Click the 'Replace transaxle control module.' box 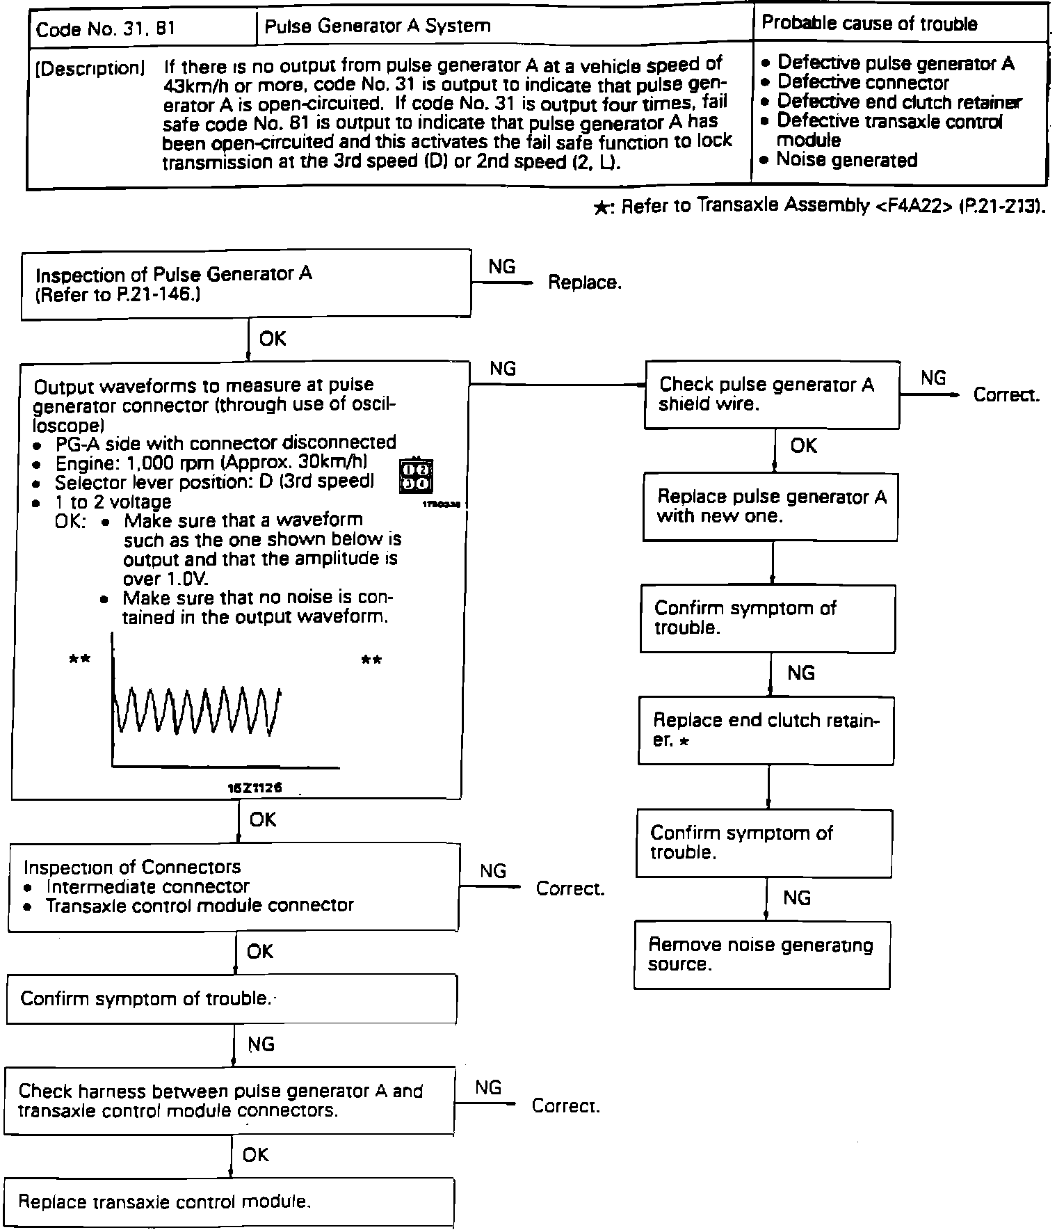229,1201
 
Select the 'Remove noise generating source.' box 761,955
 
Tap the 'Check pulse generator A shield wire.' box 773,394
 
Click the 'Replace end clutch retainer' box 766,730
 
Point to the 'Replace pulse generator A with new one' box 770,506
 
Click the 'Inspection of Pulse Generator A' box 246,284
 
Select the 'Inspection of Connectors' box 233,886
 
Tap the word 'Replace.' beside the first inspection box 585,282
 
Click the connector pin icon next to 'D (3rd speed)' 416,476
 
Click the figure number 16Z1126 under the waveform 255,788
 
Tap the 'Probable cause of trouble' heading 869,23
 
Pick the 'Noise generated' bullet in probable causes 846,160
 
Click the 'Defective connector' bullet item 862,83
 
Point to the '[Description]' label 90,68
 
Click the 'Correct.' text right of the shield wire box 1006,395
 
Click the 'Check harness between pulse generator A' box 229,1101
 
